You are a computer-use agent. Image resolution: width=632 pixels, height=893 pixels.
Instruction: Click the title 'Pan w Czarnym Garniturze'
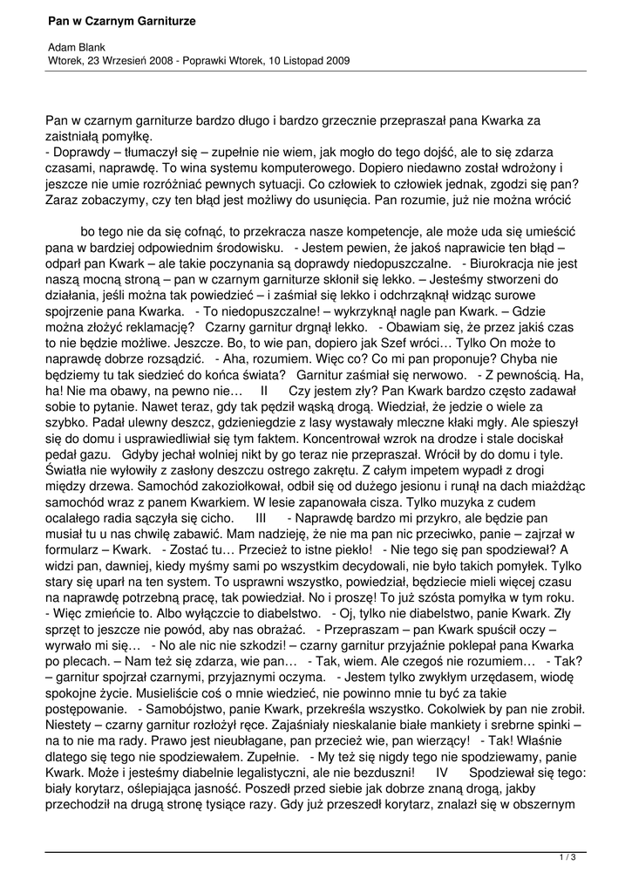tap(121, 19)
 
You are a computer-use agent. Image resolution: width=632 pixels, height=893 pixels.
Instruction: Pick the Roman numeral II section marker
tap(266, 392)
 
